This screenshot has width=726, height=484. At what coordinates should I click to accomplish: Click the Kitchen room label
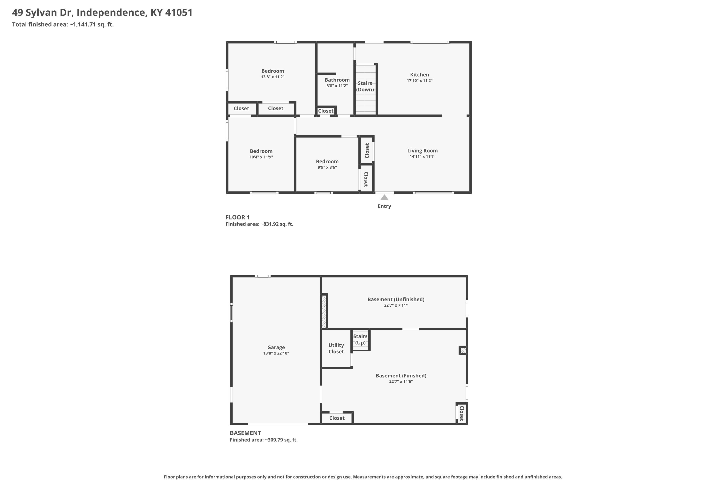(x=419, y=75)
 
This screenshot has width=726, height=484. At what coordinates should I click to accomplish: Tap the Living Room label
(x=422, y=151)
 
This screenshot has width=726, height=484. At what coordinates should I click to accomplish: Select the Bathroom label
(x=337, y=80)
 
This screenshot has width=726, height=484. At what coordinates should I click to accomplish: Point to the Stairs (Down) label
(x=365, y=86)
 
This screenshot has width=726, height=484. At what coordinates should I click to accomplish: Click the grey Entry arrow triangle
(x=384, y=197)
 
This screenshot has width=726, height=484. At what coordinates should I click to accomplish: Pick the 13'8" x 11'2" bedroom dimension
(x=272, y=77)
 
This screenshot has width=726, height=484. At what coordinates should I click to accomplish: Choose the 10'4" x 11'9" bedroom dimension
(x=261, y=157)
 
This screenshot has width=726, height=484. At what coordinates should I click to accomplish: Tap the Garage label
(x=276, y=347)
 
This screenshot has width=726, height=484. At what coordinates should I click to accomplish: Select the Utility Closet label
(x=336, y=348)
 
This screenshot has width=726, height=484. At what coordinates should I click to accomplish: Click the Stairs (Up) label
(x=360, y=340)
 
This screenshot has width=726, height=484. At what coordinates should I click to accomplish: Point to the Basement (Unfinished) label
(x=396, y=299)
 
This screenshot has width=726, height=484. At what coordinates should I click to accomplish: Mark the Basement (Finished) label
(x=401, y=376)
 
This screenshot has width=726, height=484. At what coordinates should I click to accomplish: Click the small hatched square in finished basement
(x=463, y=350)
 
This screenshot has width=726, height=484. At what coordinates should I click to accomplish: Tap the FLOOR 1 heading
(x=238, y=217)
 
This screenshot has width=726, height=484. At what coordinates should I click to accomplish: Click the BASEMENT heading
(x=245, y=433)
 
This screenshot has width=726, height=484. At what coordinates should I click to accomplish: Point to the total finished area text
(x=63, y=24)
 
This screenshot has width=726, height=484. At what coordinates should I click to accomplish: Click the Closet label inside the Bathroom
(x=326, y=111)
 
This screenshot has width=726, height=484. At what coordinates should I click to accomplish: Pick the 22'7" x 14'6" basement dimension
(x=401, y=382)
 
